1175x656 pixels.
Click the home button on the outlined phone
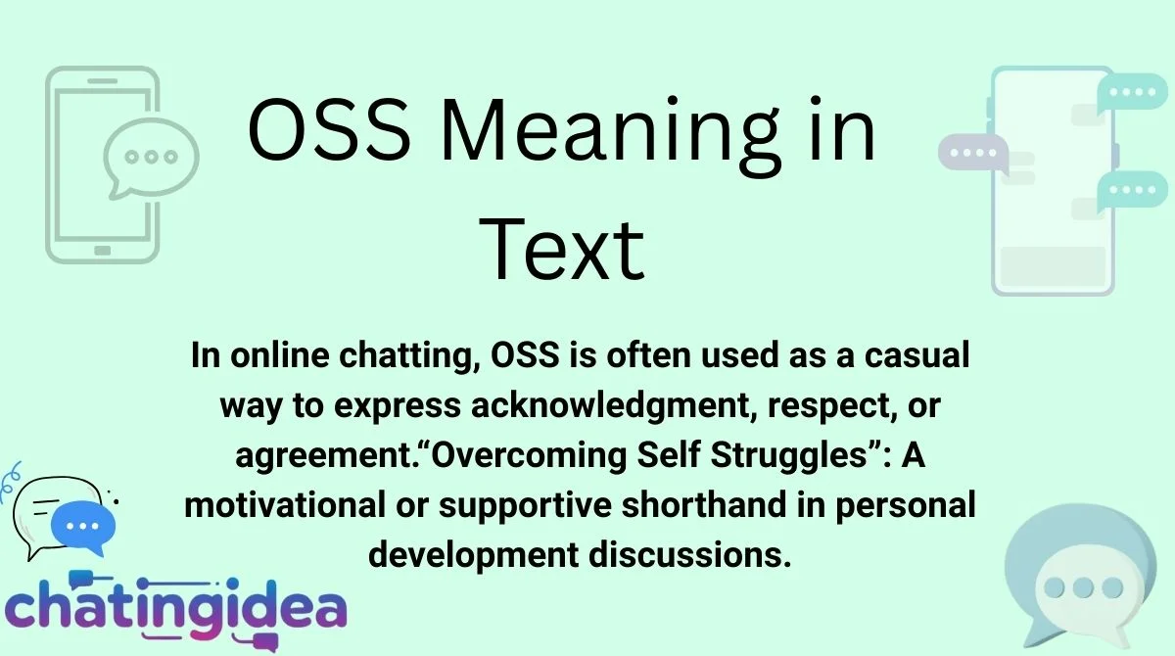pyautogui.click(x=102, y=251)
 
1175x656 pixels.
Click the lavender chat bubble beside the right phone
pyautogui.click(x=972, y=155)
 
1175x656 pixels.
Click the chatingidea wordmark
pyautogui.click(x=176, y=607)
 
